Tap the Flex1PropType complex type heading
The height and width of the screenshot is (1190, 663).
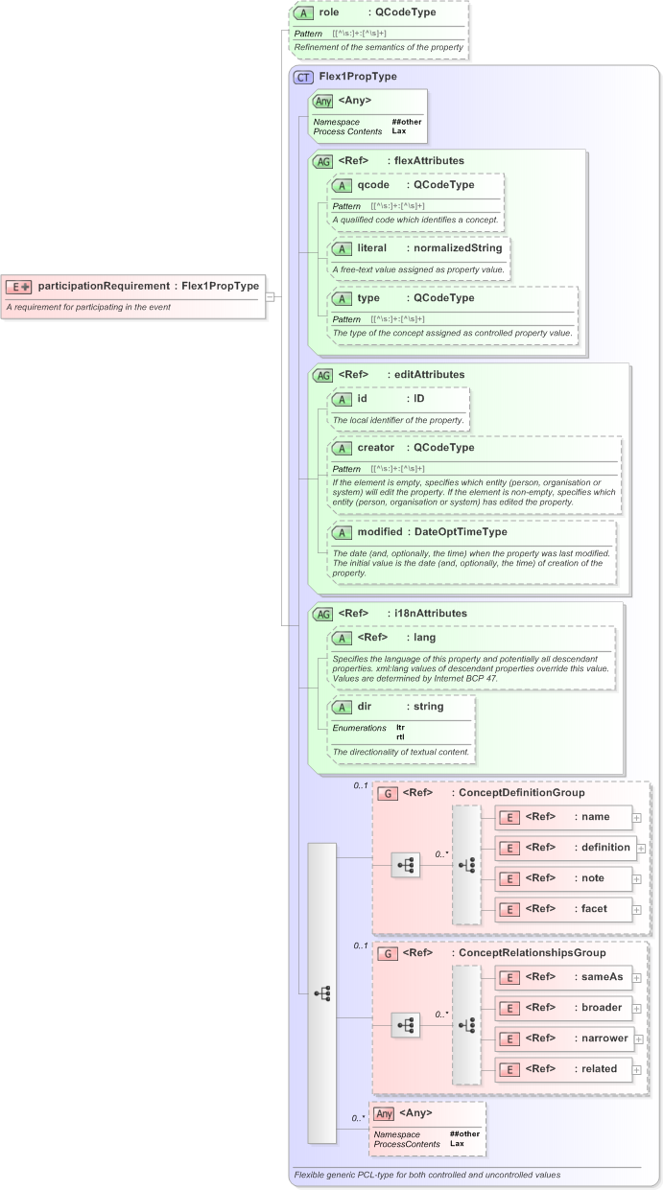358,76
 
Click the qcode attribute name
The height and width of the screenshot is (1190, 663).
373,184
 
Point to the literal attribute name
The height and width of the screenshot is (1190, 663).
371,247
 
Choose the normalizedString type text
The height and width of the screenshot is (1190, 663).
454,247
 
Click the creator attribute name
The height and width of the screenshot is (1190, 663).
375,447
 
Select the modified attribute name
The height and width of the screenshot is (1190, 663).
380,531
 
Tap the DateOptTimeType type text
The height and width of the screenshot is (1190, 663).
460,531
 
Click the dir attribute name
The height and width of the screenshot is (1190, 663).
364,707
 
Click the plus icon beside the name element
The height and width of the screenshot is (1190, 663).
637,817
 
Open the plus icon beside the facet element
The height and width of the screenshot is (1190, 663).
637,910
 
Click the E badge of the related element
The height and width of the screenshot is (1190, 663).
511,1069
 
